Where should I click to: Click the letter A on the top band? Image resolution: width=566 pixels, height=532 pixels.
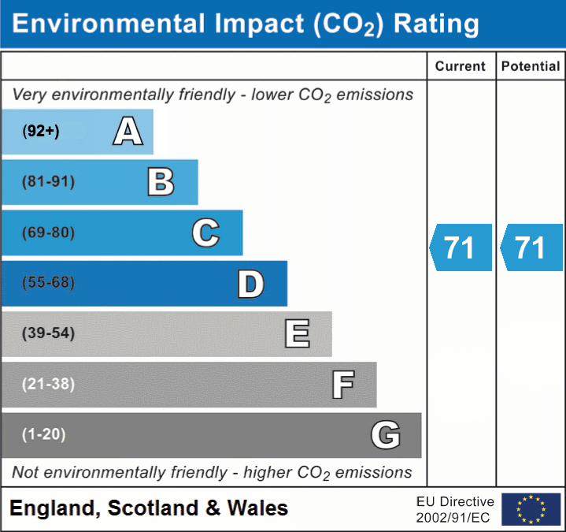click(128, 132)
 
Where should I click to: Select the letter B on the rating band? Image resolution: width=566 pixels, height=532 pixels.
click(161, 182)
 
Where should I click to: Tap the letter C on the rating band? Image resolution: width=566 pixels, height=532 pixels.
click(205, 233)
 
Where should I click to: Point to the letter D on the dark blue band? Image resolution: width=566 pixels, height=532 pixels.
click(250, 284)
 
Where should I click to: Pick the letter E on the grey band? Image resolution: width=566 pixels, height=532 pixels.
click(297, 333)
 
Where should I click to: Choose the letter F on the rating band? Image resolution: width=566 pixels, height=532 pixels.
click(342, 385)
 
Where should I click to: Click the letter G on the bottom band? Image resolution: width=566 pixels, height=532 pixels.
click(386, 434)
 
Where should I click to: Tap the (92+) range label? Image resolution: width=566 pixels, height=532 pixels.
click(41, 132)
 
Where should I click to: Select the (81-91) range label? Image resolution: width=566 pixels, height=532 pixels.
click(49, 182)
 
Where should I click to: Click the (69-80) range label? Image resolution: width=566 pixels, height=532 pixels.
click(49, 233)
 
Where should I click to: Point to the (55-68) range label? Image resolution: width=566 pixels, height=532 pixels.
click(49, 283)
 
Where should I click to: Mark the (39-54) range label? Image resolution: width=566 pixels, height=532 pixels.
click(49, 333)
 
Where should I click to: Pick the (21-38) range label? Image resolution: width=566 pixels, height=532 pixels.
click(49, 384)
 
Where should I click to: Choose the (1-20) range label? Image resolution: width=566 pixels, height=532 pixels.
click(44, 434)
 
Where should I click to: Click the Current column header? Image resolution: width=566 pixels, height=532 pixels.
click(461, 67)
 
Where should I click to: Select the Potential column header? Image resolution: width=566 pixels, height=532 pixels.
click(531, 67)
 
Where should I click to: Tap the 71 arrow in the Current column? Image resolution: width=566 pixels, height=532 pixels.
click(461, 247)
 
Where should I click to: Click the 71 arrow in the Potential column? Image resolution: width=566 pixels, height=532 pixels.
click(531, 247)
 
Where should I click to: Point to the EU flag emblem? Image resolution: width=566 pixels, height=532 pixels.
click(531, 509)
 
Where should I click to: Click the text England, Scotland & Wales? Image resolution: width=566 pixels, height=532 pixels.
click(149, 508)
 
